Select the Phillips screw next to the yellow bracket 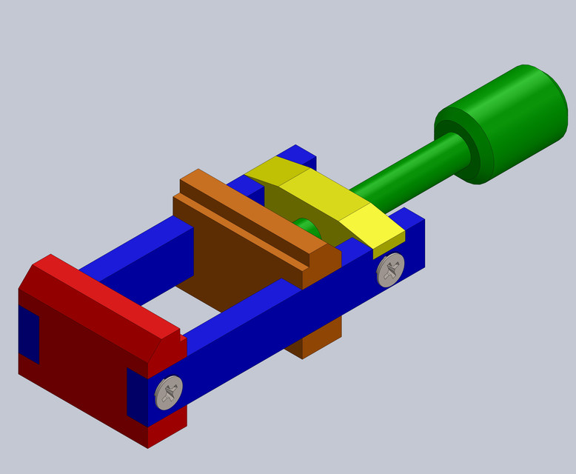pos(390,270)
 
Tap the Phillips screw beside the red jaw pos(169,392)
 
